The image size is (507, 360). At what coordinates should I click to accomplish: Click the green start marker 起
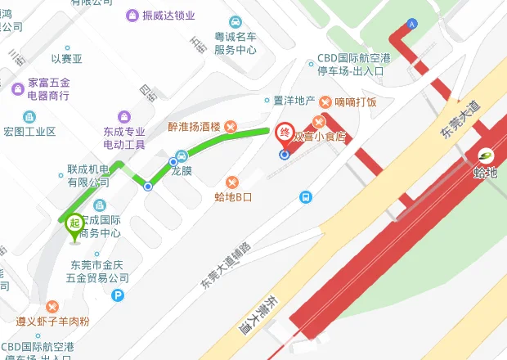pos(74,223)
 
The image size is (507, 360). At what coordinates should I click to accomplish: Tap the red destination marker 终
pos(285,133)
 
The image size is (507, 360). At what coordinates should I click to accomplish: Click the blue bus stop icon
pos(305,196)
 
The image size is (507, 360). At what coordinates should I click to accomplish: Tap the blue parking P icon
pos(119,296)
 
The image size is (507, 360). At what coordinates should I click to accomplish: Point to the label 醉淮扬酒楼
pos(194,127)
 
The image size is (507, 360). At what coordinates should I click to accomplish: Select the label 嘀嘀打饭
pos(354,102)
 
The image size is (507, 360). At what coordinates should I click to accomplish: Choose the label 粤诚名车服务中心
pos(236,43)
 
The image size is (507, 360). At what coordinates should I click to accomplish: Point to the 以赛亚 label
pos(67,59)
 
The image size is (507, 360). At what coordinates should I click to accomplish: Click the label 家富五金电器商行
pos(49,89)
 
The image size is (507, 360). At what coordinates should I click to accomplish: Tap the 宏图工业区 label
pos(29,131)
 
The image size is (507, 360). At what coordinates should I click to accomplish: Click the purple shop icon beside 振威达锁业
pos(132,16)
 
